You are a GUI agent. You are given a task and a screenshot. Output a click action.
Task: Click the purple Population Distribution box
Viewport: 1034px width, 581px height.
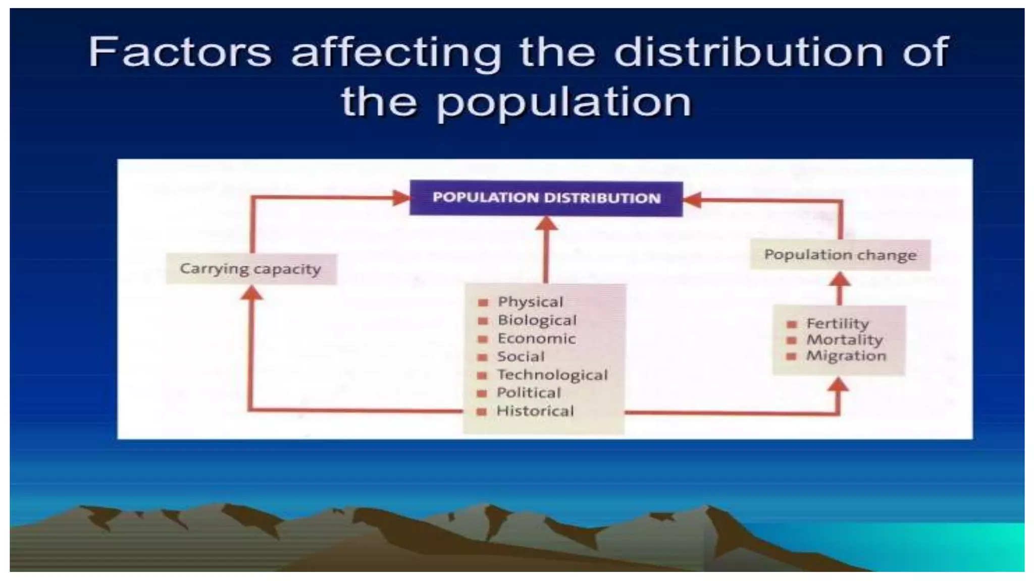pyautogui.click(x=546, y=198)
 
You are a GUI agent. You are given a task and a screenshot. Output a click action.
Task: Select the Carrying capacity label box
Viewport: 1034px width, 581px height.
pyautogui.click(x=250, y=269)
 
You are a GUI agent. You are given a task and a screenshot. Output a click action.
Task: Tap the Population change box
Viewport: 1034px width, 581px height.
pyautogui.click(x=840, y=255)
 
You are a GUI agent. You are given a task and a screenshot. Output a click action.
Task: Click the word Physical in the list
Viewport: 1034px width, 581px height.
pyautogui.click(x=530, y=302)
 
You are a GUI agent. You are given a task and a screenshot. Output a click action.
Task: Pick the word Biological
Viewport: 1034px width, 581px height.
pyautogui.click(x=537, y=320)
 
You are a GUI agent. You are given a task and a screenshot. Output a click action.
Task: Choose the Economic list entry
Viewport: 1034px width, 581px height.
pyautogui.click(x=536, y=338)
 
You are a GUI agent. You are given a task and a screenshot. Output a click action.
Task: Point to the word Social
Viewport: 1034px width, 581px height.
pyautogui.click(x=521, y=357)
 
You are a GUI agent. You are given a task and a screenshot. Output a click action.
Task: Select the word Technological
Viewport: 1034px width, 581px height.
pyautogui.click(x=552, y=375)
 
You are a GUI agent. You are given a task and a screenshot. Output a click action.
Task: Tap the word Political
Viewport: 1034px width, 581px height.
pyautogui.click(x=529, y=393)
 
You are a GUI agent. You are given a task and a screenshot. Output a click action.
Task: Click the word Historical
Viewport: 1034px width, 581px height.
pyautogui.click(x=535, y=411)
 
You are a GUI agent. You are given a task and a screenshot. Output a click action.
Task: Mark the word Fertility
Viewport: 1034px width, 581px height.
pyautogui.click(x=838, y=323)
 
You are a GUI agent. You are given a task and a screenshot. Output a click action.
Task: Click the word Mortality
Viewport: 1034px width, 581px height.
pyautogui.click(x=844, y=339)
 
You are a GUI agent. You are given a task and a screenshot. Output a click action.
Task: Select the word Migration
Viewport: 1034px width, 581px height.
pyautogui.click(x=846, y=356)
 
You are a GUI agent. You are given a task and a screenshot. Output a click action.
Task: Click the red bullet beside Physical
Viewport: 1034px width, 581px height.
pyautogui.click(x=483, y=303)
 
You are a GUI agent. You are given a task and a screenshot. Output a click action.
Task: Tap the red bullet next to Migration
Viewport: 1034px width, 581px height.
pyautogui.click(x=791, y=357)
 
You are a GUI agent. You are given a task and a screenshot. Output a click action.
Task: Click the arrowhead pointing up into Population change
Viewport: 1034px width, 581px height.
pyautogui.click(x=840, y=279)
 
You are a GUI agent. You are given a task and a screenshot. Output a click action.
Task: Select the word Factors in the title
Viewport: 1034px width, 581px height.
pyautogui.click(x=180, y=51)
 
